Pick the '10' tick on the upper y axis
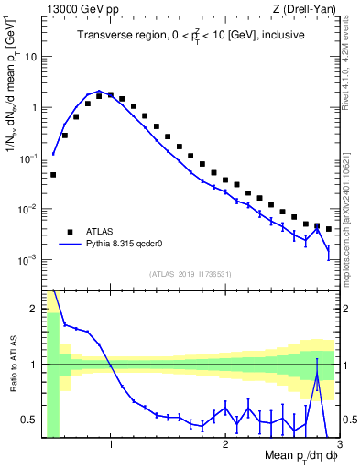(30, 56)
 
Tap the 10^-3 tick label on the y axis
(27, 260)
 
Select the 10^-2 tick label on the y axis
(27, 209)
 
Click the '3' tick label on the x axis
(339, 446)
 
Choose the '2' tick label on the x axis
(225, 446)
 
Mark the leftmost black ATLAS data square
(53, 174)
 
